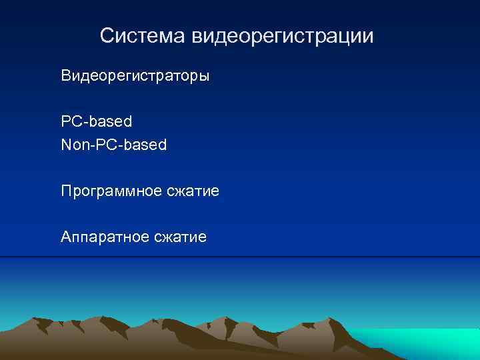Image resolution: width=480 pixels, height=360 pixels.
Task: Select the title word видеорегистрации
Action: [283, 37]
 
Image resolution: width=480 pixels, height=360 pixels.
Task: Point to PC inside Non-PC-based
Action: [103, 144]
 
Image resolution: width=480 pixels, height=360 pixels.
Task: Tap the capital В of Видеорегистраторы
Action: [65, 76]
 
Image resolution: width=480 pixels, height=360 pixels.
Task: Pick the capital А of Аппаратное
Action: [65, 237]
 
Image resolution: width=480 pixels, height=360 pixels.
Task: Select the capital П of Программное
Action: [66, 192]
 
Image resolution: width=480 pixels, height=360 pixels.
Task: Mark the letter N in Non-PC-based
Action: [65, 144]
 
